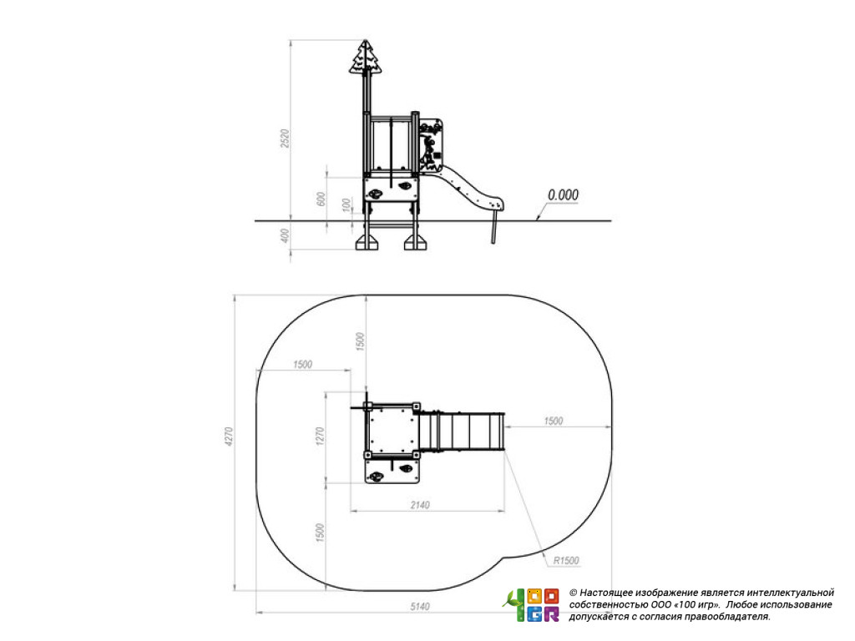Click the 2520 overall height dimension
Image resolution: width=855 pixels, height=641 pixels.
[284, 139]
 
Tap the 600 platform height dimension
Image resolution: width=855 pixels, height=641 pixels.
[321, 199]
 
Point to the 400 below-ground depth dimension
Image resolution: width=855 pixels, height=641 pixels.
[284, 236]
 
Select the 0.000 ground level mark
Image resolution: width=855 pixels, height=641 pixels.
[563, 195]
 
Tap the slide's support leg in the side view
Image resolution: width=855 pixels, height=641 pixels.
[494, 227]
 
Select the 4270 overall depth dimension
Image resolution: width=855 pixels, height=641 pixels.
[229, 437]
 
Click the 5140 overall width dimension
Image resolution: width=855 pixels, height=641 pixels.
[421, 607]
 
